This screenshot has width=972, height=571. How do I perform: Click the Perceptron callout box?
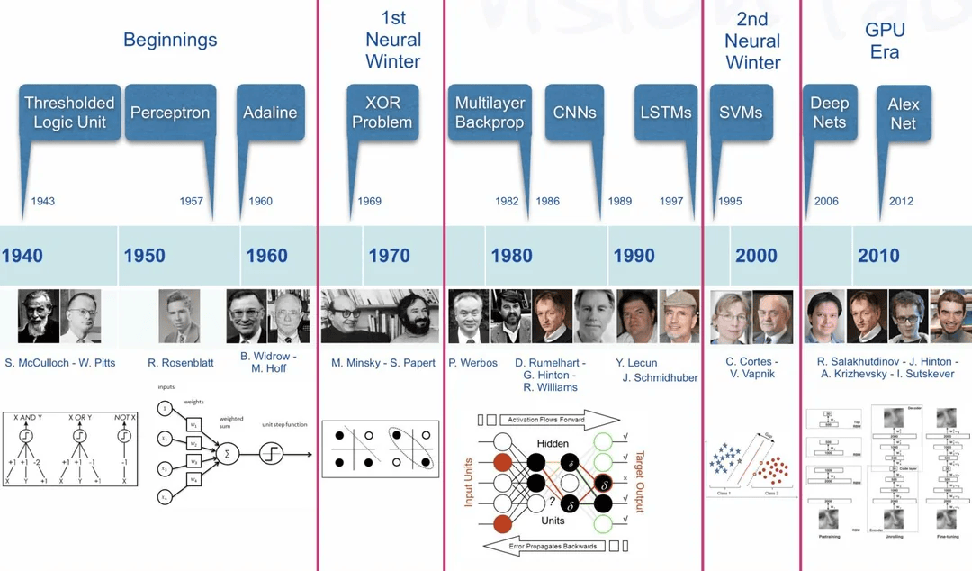coord(169,113)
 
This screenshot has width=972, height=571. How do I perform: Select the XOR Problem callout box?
coord(382,113)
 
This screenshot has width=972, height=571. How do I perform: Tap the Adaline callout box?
coord(270,113)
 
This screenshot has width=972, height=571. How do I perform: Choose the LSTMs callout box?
coord(666,113)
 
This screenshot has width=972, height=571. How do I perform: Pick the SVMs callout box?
coord(741,113)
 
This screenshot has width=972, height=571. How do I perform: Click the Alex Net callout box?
coord(904,113)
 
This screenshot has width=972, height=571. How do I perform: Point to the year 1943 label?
coord(43,201)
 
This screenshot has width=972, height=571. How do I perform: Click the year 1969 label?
coord(370,201)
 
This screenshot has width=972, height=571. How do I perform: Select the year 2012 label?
coord(901,201)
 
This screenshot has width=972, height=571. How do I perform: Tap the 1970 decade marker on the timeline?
coord(389,256)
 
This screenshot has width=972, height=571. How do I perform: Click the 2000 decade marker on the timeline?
coord(756,256)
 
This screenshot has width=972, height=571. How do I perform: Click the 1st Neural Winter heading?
coord(393,40)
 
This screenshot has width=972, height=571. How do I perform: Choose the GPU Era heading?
coord(885,40)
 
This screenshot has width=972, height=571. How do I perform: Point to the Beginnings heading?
coord(170,40)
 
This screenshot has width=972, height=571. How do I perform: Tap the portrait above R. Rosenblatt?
coord(179,316)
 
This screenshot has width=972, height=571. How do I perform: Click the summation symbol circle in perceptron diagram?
coord(227,453)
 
